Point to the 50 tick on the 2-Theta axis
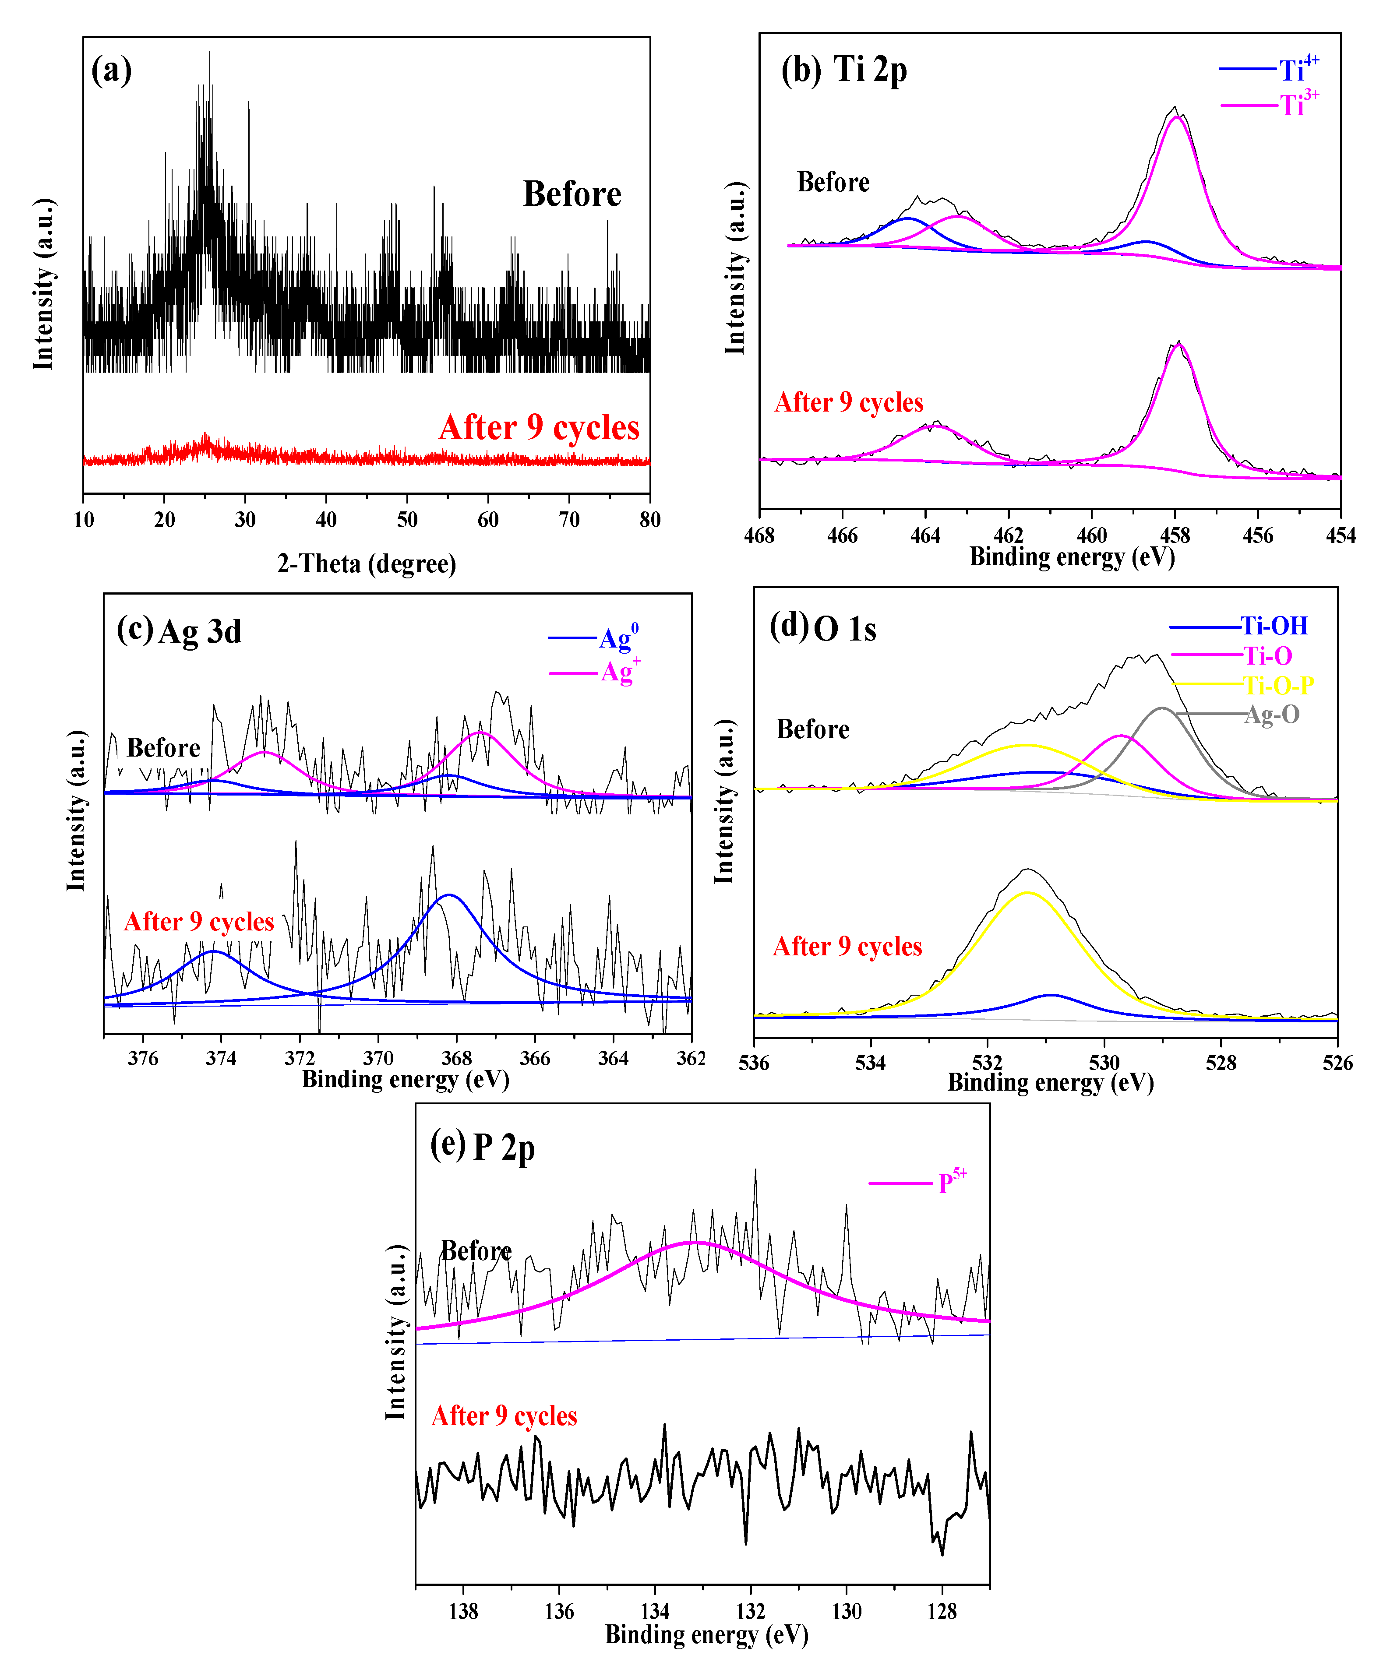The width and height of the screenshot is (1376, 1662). click(407, 520)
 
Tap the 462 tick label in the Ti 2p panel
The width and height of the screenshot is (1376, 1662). click(1009, 536)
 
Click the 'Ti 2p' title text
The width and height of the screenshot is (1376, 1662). click(870, 70)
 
